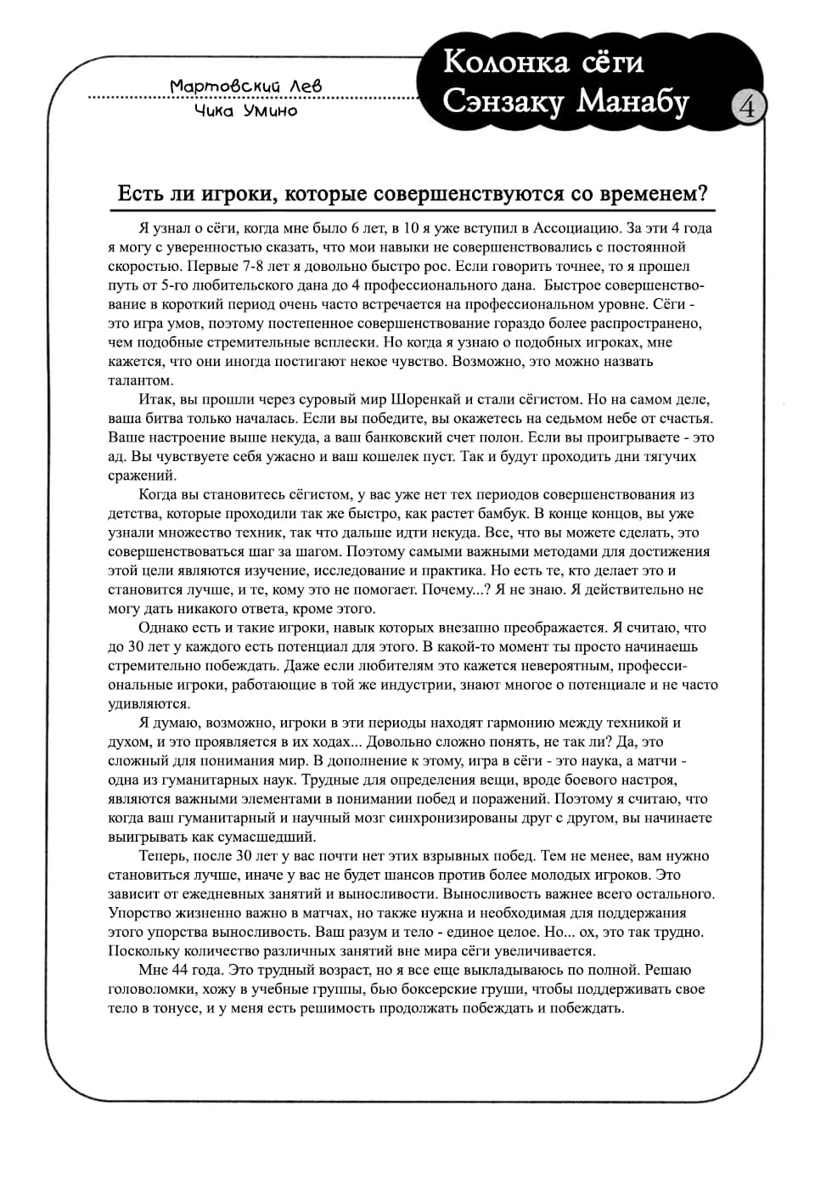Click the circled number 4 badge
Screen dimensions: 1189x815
(x=748, y=107)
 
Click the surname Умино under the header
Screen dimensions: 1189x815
(x=270, y=110)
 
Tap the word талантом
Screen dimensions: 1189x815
(x=140, y=380)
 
